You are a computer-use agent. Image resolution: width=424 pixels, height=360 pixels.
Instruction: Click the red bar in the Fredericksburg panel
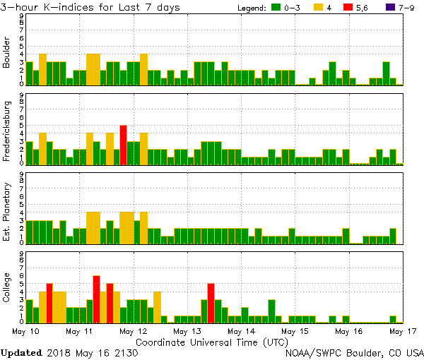[123, 145]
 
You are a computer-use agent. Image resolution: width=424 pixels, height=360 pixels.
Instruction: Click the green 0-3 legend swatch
[276, 7]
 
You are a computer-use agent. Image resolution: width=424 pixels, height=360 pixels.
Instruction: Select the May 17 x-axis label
[401, 330]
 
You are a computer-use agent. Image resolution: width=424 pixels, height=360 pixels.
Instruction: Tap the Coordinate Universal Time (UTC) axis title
[212, 341]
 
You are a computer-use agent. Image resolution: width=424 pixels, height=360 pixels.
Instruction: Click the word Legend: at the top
[249, 7]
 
